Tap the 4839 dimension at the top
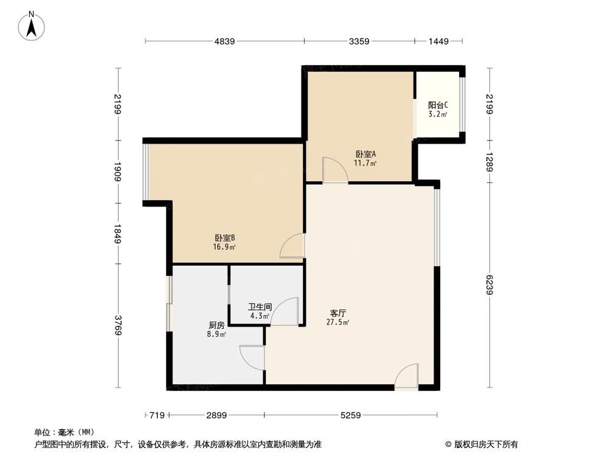(224, 41)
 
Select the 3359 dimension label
(359, 41)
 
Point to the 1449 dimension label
(438, 41)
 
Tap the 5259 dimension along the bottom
(351, 415)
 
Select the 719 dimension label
(157, 415)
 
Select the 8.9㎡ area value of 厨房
(216, 334)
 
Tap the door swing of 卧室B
(292, 246)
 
